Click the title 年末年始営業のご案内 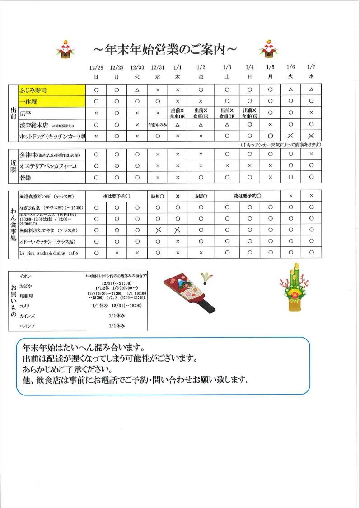165,48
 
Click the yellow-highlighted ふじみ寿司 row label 51,90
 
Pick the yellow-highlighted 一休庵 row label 51,101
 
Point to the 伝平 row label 25,113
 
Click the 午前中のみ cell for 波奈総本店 157,124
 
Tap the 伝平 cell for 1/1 178,113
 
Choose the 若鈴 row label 25,177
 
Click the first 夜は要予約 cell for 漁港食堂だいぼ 117,196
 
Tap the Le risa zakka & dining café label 49,253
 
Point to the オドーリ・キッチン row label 47,241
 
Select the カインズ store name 27,316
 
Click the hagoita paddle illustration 190,293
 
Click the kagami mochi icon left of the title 65,48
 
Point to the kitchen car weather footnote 281,145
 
